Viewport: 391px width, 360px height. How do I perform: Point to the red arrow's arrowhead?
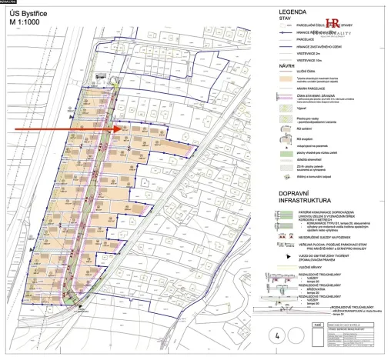coord(122,130)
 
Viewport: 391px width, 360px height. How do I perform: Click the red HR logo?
coord(333,24)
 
